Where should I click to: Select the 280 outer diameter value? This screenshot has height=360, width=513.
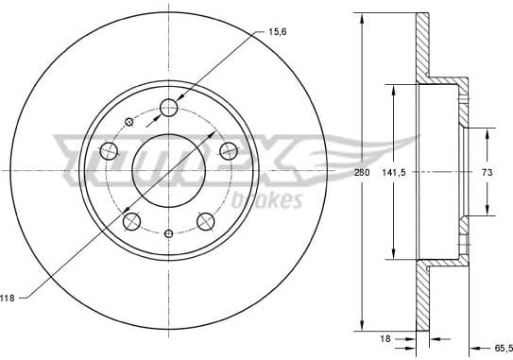click(360, 173)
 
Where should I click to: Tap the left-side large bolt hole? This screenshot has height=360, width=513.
click(108, 151)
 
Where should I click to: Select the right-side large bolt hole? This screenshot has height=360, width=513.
click(228, 150)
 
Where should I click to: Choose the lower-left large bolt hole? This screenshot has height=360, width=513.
click(131, 221)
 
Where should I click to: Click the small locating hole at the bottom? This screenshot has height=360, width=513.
click(168, 233)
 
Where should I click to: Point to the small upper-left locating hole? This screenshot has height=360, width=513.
click(128, 121)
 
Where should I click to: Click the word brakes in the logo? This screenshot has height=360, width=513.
click(269, 199)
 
